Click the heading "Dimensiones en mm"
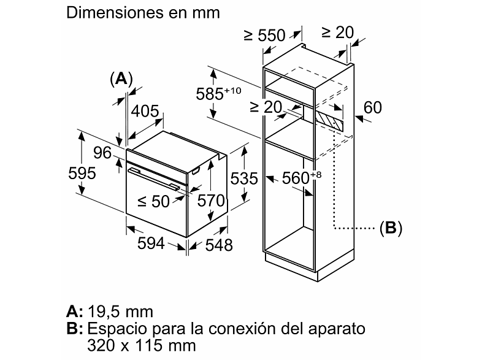pos(143,13)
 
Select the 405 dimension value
pos(145,111)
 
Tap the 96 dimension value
pos(102,153)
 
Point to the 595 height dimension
pos(82,173)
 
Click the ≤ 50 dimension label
pos(153,201)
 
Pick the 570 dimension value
pos(211,201)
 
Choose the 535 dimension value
pos(244,178)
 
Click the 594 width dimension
pos(151,243)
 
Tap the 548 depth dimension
pos(219,245)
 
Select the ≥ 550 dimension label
pos(265,36)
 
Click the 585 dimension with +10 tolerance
pos(218,93)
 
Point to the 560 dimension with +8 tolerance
pos(302,177)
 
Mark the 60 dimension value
pos(373,107)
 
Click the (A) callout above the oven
pos(121,79)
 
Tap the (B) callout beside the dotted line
pos(391,228)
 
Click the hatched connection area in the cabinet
pos(329,121)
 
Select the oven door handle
pos(154,178)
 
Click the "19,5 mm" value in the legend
pos(120,312)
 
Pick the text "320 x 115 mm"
pos(142,345)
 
